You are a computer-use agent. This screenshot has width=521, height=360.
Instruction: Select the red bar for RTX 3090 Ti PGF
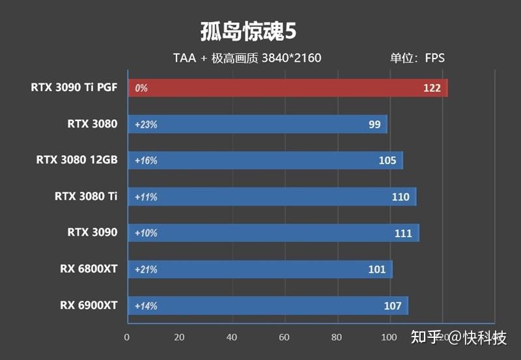287,88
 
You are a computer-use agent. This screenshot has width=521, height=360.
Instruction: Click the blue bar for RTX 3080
257,124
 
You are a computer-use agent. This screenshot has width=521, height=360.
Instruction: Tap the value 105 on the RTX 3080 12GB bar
387,161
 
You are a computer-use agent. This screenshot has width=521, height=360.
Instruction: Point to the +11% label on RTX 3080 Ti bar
146,197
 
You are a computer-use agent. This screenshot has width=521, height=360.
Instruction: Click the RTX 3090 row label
92,232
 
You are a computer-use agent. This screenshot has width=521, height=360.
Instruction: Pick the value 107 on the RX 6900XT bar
393,306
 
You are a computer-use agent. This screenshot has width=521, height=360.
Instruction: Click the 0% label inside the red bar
141,88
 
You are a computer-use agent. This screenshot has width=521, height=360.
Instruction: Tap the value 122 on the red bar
432,88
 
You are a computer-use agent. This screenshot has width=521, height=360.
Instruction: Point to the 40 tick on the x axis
232,337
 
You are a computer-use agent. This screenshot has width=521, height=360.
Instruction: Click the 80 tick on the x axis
337,337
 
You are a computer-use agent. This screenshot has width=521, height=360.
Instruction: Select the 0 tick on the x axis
127,337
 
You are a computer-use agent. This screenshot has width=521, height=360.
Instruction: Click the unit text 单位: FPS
417,58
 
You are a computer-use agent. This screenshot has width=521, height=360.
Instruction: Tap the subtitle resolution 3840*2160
291,58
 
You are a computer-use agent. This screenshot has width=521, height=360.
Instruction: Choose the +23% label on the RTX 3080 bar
146,124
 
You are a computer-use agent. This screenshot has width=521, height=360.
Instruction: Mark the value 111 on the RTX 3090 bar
403,233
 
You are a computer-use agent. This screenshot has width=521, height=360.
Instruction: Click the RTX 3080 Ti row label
87,196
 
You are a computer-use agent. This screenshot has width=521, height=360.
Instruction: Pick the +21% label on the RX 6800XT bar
146,270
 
